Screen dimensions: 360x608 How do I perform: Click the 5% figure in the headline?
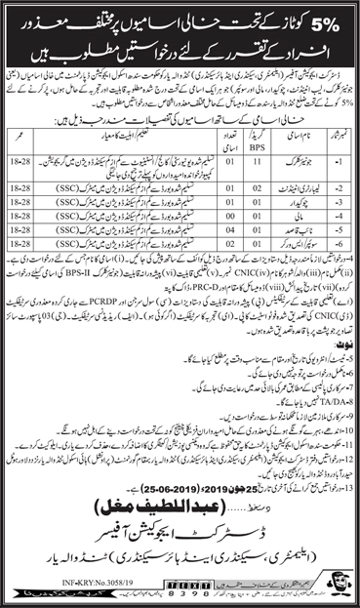(x=326, y=20)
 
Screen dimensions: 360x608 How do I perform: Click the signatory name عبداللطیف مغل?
(x=180, y=506)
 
